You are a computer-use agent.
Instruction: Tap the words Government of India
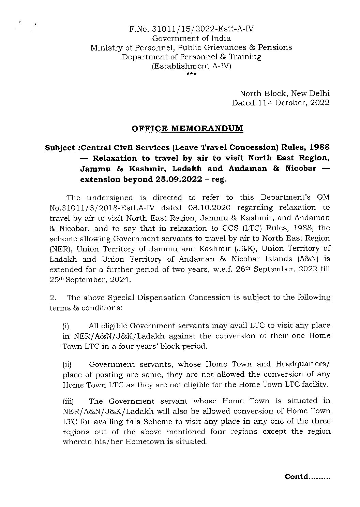(x=191, y=39)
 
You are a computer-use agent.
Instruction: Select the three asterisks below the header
(x=191, y=74)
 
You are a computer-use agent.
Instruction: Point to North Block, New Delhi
(x=285, y=93)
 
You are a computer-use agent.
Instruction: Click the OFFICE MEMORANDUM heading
(x=187, y=129)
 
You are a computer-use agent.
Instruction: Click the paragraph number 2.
(x=53, y=297)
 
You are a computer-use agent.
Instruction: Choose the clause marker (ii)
(x=67, y=365)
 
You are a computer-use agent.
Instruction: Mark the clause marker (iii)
(x=68, y=402)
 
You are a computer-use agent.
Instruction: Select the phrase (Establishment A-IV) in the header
(x=191, y=66)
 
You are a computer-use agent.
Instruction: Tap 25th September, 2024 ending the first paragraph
(x=90, y=280)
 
